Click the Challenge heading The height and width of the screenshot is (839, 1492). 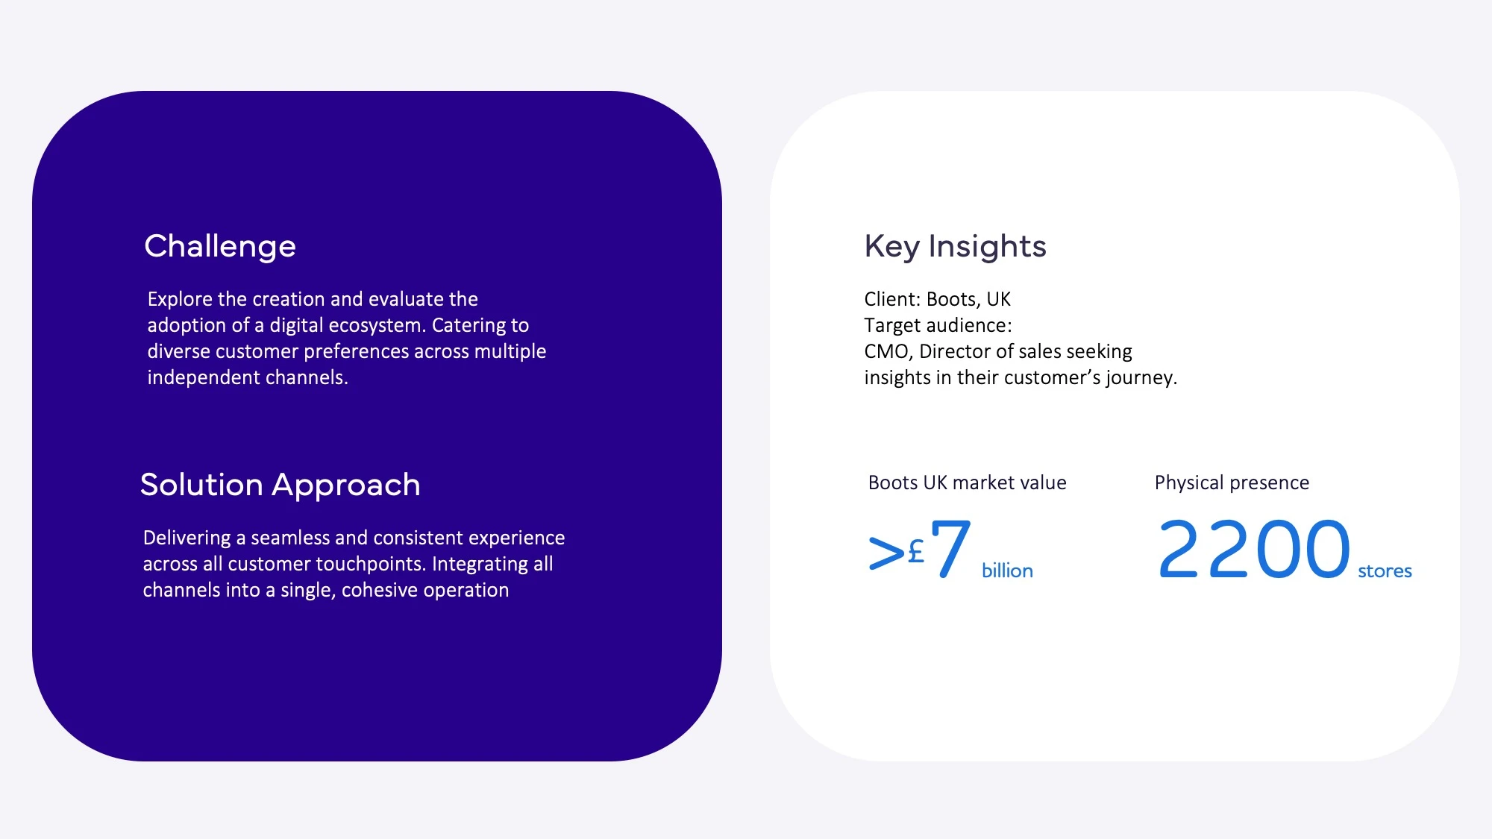tap(220, 247)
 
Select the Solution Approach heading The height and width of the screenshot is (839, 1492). tap(280, 486)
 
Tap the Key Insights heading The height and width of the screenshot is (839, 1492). tap(955, 247)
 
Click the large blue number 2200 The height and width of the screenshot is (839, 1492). tap(1254, 550)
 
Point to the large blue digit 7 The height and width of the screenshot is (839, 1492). tap(950, 549)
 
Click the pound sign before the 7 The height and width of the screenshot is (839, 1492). tap(916, 552)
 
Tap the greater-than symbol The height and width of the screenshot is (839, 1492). tap(886, 553)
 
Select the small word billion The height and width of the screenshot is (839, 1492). tap(1007, 571)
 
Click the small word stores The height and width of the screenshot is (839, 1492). tap(1385, 571)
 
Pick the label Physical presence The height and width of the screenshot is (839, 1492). tap(1232, 483)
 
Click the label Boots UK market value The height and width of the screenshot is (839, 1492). tap(967, 483)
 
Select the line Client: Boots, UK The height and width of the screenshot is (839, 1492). tap(937, 300)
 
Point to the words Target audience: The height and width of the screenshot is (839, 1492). tap(938, 326)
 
